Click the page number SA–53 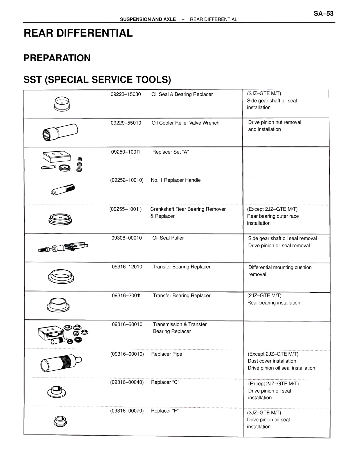click(x=323, y=14)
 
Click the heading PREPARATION click(x=57, y=58)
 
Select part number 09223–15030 click(x=126, y=94)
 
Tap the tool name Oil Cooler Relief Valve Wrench click(x=185, y=123)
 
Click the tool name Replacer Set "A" click(x=170, y=152)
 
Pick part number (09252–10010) click(x=127, y=180)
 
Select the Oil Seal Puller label click(x=168, y=238)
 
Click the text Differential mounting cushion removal click(x=280, y=271)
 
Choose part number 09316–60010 click(x=127, y=324)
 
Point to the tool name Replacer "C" click(x=165, y=382)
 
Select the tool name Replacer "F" click(x=165, y=411)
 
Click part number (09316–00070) click(x=127, y=411)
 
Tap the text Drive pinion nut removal click(x=274, y=122)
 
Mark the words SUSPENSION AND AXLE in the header click(x=148, y=19)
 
